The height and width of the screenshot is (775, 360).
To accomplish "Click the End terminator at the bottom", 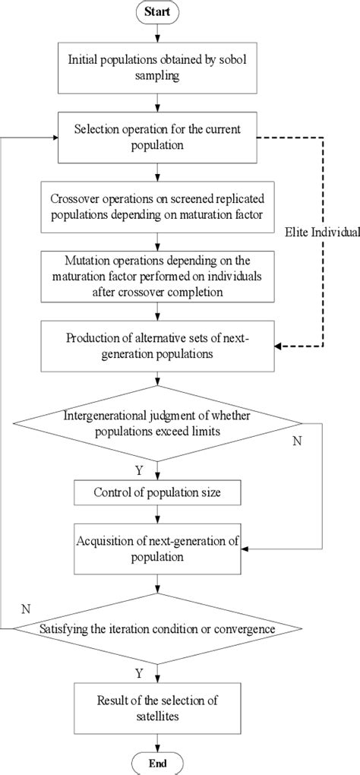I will point(156,763).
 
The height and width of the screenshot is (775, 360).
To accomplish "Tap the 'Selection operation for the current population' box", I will point(156,138).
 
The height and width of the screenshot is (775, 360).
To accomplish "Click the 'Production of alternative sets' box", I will point(156,345).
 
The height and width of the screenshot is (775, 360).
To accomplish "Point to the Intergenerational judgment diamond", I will point(156,422).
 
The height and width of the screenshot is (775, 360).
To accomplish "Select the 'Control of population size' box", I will point(156,493).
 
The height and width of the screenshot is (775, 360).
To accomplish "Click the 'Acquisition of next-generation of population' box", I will point(156,547).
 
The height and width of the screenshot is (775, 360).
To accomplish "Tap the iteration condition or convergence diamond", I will point(156,628).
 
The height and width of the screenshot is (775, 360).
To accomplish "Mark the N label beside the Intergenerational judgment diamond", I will point(297,441).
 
